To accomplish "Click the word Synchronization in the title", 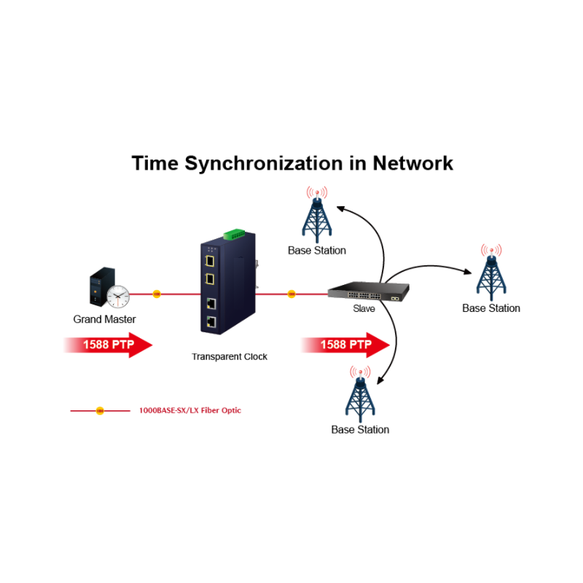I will (274, 163).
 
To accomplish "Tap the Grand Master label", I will (104, 319).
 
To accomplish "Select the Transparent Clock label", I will (230, 356).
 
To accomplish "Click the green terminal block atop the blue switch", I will (234, 234).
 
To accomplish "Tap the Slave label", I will (364, 309).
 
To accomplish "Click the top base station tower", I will (318, 216).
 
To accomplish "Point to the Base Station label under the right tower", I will (491, 308).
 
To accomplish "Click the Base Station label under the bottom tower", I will (360, 429).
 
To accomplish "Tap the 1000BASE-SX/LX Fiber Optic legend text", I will (189, 410).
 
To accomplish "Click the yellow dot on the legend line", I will (100, 411).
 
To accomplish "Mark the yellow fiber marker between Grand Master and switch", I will (157, 294).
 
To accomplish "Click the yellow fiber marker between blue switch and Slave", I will (291, 294).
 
